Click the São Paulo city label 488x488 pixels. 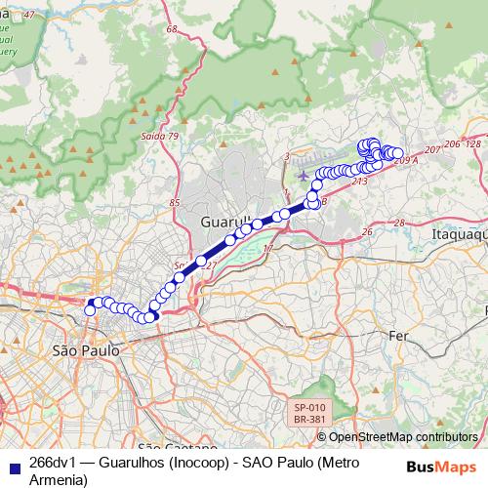pyautogui.click(x=86, y=348)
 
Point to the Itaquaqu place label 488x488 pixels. pyautogui.click(x=458, y=234)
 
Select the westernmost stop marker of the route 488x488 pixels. pyautogui.click(x=90, y=309)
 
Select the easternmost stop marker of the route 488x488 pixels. pyautogui.click(x=397, y=153)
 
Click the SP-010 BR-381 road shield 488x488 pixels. pyautogui.click(x=310, y=413)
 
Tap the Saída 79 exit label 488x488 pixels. pyautogui.click(x=160, y=136)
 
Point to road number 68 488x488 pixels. pyautogui.click(x=172, y=30)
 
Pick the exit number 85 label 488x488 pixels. pyautogui.click(x=175, y=202)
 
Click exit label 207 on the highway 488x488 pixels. pyautogui.click(x=432, y=149)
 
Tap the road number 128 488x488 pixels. pyautogui.click(x=473, y=143)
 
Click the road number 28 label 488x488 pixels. pyautogui.click(x=398, y=223)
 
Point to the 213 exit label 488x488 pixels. pyautogui.click(x=359, y=181)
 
